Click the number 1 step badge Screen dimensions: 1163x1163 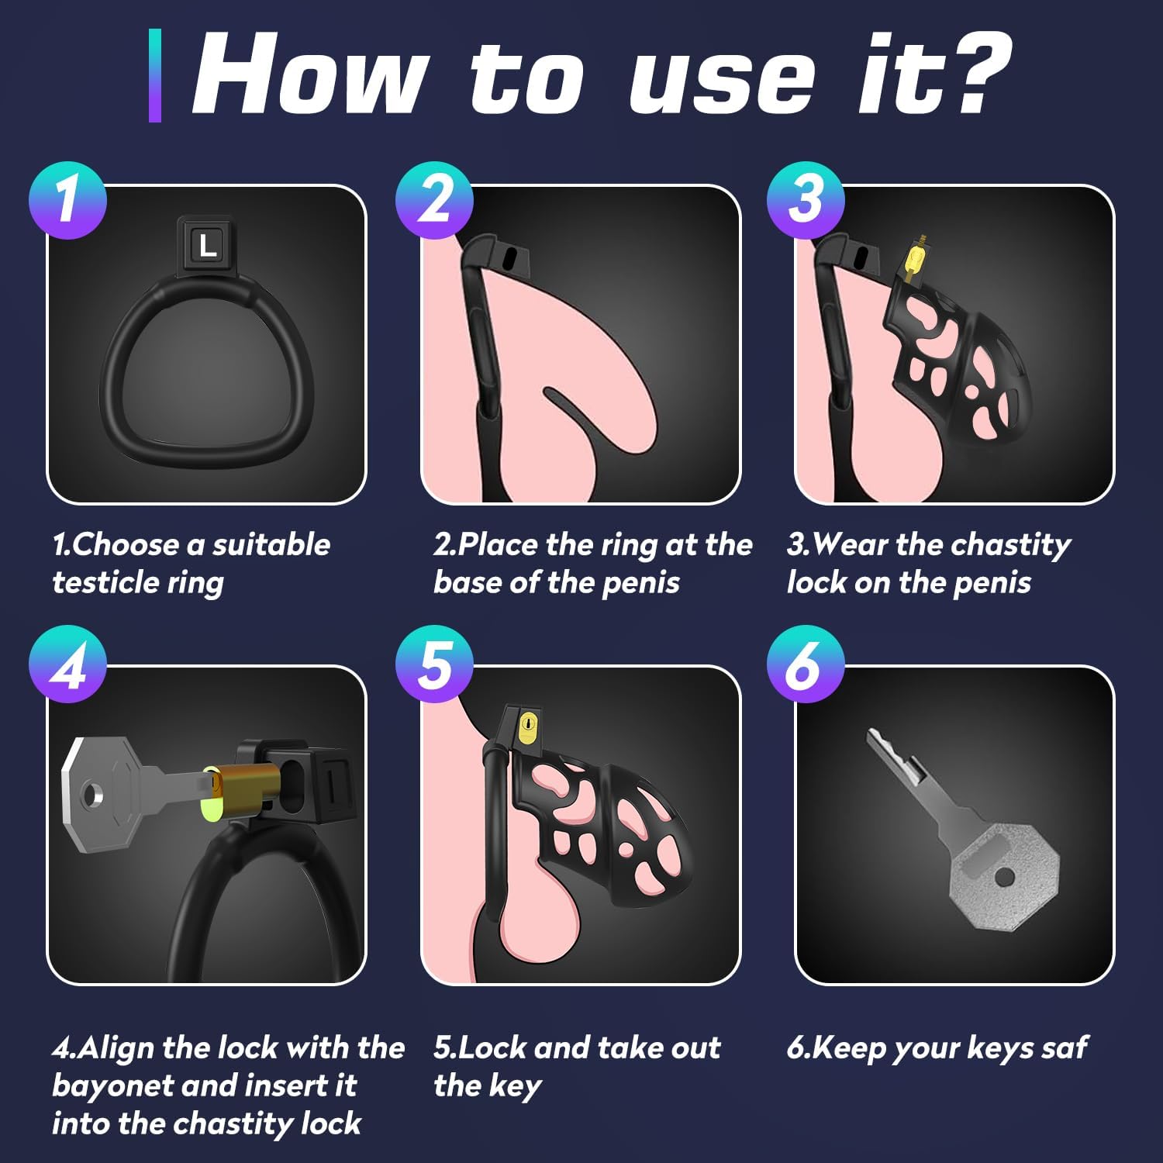pyautogui.click(x=67, y=200)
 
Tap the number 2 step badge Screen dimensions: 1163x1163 pyautogui.click(x=434, y=200)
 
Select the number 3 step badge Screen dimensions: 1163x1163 pyautogui.click(x=806, y=200)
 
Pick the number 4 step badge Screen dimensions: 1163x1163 pyautogui.click(x=67, y=664)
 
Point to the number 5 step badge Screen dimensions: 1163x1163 pyautogui.click(x=434, y=664)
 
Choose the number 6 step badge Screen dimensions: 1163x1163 pyautogui.click(x=806, y=664)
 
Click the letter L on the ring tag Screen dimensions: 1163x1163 pyautogui.click(x=208, y=246)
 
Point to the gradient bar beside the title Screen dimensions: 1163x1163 pyautogui.click(x=155, y=75)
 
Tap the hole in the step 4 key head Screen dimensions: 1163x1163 pyautogui.click(x=94, y=794)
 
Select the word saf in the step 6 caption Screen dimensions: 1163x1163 pyautogui.click(x=1065, y=1047)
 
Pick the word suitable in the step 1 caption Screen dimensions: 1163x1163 pyautogui.click(x=271, y=544)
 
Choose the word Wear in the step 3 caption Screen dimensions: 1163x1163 pyautogui.click(x=850, y=544)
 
